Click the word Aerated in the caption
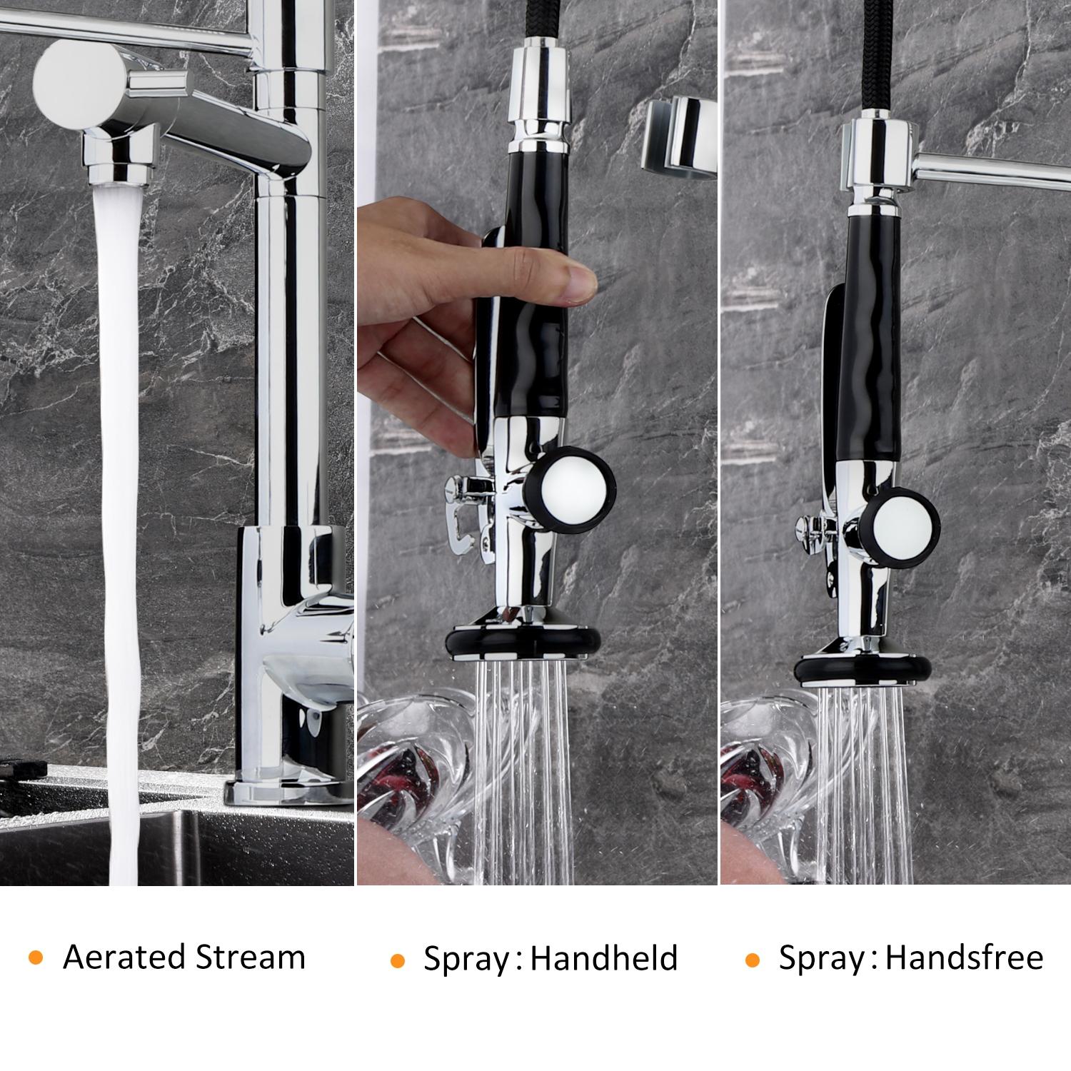[x=124, y=957]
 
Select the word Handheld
[x=603, y=958]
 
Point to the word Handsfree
[x=964, y=957]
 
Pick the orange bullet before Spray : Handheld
[x=397, y=960]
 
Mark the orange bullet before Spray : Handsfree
[x=751, y=960]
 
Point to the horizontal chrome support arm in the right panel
[x=992, y=172]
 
